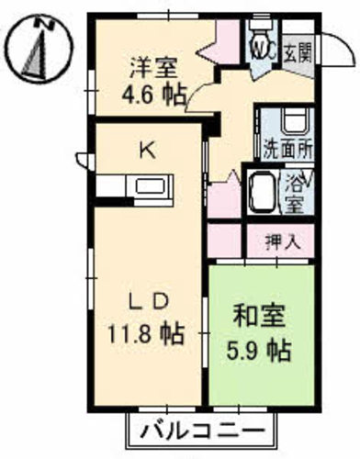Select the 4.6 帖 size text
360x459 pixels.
[154, 95]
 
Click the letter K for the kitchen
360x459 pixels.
[148, 151]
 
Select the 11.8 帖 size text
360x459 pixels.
[145, 333]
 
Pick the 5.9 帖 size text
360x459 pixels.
[259, 351]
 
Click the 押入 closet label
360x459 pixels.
[282, 242]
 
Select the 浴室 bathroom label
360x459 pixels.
[295, 194]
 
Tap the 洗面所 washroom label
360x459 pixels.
[288, 150]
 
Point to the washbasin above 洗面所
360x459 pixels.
[295, 122]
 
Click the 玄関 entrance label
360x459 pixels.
[298, 53]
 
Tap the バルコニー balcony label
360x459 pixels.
[203, 432]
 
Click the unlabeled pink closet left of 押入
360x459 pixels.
[225, 241]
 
